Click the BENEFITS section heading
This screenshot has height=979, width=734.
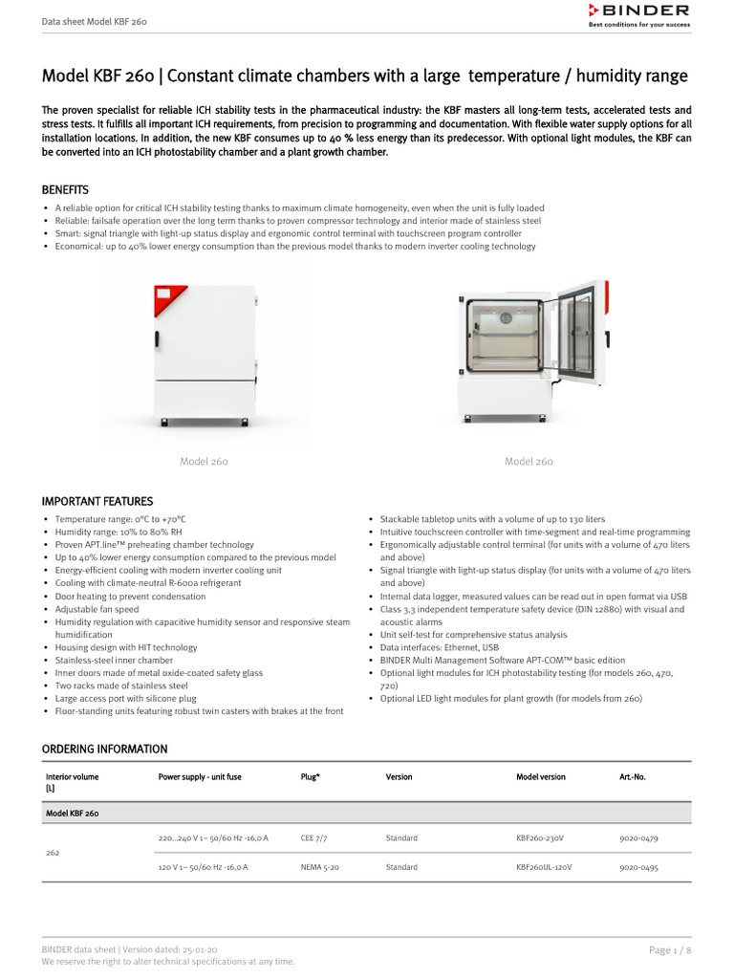(65, 190)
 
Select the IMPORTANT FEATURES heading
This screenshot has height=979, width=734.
(97, 501)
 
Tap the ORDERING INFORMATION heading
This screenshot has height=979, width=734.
(104, 749)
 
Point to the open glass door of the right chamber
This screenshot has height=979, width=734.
(575, 329)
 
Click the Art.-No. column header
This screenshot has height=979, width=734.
(633, 777)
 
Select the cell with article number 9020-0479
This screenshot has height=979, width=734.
(638, 838)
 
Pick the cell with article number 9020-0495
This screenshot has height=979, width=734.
(638, 868)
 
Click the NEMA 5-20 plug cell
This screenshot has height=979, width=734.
(319, 868)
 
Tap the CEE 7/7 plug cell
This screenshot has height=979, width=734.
(314, 838)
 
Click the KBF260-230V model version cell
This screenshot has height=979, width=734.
(540, 838)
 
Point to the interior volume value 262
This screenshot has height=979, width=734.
(53, 853)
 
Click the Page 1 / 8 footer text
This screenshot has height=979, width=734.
(669, 949)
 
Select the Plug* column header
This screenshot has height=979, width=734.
(310, 777)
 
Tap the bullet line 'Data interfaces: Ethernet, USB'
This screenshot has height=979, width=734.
(434, 647)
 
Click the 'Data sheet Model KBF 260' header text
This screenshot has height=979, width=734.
(94, 20)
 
